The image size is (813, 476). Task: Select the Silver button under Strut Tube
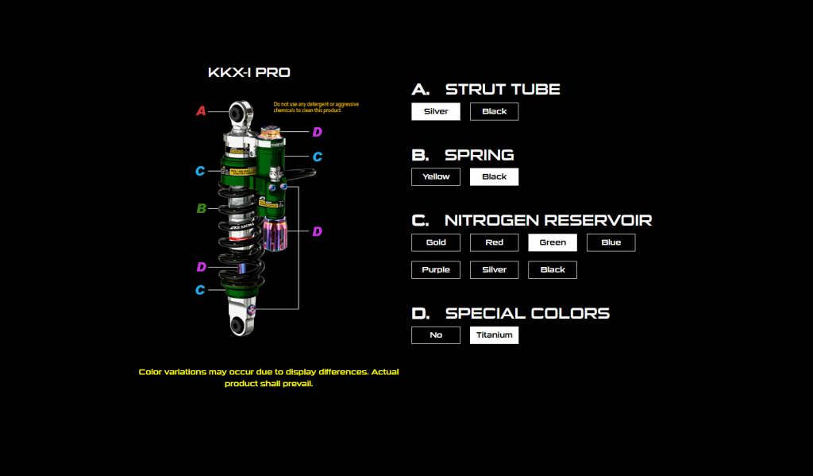pyautogui.click(x=436, y=111)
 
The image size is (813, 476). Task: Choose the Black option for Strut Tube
pyautogui.click(x=494, y=111)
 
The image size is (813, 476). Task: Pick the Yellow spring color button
pyautogui.click(x=436, y=176)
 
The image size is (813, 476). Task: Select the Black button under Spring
pyautogui.click(x=494, y=176)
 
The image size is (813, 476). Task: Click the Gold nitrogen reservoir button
pyautogui.click(x=436, y=242)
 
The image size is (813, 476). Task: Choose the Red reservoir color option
pyautogui.click(x=494, y=242)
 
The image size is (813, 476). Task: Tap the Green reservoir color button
pyautogui.click(x=553, y=242)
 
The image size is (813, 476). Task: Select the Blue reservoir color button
pyautogui.click(x=611, y=242)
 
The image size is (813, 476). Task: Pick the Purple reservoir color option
pyautogui.click(x=436, y=269)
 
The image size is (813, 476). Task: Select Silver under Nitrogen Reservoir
pyautogui.click(x=494, y=269)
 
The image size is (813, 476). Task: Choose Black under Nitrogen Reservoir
pyautogui.click(x=553, y=269)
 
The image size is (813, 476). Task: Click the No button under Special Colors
pyautogui.click(x=436, y=335)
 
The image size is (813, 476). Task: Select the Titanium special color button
pyautogui.click(x=494, y=335)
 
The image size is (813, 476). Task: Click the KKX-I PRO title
pyautogui.click(x=249, y=73)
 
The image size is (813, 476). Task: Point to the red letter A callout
pyautogui.click(x=201, y=111)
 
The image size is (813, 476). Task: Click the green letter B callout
pyautogui.click(x=202, y=209)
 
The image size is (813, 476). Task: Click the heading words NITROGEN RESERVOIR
pyautogui.click(x=549, y=220)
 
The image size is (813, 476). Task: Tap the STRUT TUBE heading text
pyautogui.click(x=503, y=90)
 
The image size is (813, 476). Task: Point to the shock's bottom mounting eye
pyautogui.click(x=238, y=324)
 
